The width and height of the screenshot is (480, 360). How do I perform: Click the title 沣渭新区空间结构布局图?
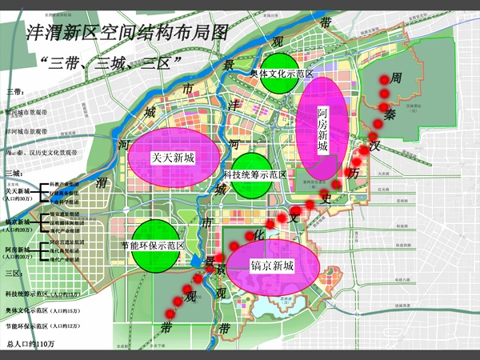[128, 33]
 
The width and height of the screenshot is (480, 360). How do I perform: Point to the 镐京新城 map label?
[272, 265]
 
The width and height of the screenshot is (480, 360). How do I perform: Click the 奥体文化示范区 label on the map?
[281, 73]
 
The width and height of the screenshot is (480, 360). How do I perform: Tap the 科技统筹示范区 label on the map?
[254, 174]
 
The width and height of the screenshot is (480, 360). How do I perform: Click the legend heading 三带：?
[15, 94]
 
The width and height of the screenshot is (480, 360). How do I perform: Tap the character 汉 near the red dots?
[373, 147]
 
